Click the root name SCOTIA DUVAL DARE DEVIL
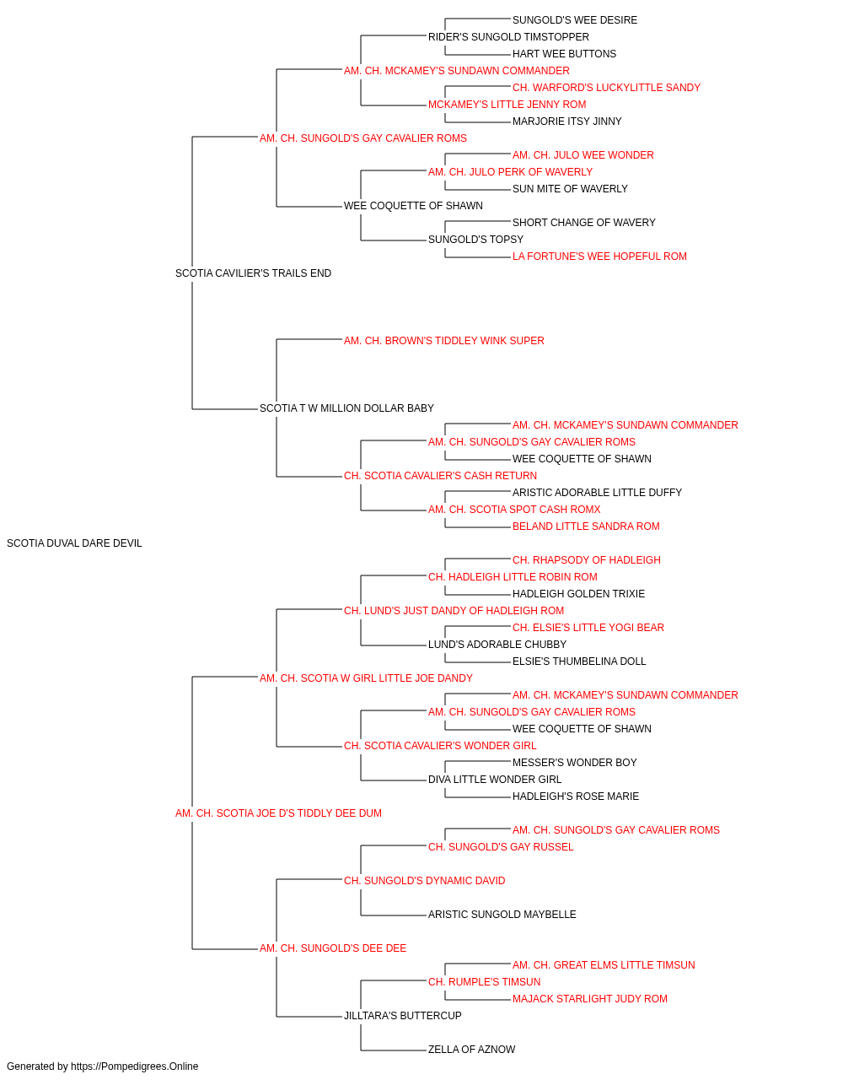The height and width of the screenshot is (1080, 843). [74, 543]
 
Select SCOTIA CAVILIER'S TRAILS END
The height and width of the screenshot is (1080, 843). [253, 273]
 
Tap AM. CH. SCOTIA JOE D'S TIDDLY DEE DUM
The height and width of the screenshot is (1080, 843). [278, 813]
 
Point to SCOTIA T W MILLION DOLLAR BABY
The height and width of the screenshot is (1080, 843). [346, 408]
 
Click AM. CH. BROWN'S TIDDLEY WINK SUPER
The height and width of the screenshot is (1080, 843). [444, 340]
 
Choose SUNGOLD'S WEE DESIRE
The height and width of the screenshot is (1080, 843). [574, 20]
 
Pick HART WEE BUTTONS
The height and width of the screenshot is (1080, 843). [564, 54]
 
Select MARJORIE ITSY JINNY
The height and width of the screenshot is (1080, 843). [567, 121]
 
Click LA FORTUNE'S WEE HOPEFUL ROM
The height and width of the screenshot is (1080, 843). [599, 256]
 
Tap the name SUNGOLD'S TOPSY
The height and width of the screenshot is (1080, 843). [475, 240]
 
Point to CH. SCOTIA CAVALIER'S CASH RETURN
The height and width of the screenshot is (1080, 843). [440, 476]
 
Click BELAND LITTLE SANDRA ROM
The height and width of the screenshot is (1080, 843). [586, 526]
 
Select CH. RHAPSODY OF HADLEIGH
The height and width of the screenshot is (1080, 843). [587, 560]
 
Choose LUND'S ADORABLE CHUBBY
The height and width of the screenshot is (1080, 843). [497, 645]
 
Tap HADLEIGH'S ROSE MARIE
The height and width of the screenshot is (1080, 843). [576, 796]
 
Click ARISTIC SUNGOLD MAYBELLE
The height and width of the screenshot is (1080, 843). [502, 915]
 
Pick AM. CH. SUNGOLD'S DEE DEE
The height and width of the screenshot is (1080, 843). [333, 948]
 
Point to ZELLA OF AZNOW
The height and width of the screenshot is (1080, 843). [471, 1049]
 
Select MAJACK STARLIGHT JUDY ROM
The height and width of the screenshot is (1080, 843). [590, 999]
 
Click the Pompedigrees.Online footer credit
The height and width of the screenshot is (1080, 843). [102, 1066]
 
